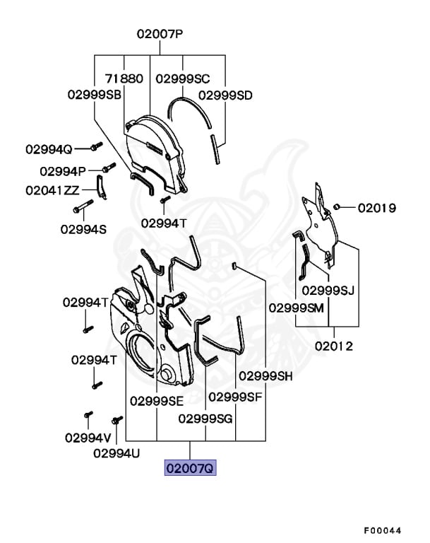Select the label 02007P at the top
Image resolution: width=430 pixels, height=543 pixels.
click(160, 33)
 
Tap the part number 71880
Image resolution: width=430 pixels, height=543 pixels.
click(125, 78)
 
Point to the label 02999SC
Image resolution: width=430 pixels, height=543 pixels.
click(182, 78)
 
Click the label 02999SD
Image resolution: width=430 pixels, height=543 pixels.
click(225, 95)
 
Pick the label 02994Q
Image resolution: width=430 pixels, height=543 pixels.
click(49, 149)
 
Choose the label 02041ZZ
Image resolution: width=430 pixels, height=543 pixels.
click(53, 189)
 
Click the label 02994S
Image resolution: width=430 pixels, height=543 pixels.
click(83, 228)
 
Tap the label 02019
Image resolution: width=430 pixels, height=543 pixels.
click(376, 208)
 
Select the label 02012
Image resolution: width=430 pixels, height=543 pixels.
click(334, 346)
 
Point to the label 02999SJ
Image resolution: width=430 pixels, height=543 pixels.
click(328, 291)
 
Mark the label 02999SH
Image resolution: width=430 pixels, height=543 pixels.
click(265, 375)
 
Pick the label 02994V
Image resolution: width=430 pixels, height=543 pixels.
click(88, 437)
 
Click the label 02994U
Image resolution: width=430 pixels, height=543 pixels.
click(117, 452)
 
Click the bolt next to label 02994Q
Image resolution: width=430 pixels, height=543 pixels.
click(96, 146)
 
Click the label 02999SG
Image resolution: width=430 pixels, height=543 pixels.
click(205, 418)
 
